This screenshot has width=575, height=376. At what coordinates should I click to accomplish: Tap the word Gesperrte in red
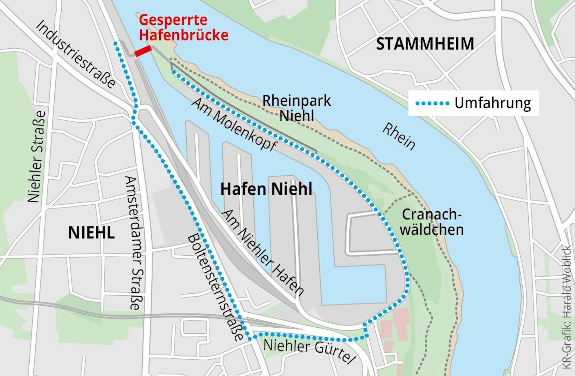tap(173, 20)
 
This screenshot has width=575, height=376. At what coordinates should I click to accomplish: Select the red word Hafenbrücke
tap(184, 35)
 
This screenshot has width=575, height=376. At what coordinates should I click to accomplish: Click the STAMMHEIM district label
tap(425, 44)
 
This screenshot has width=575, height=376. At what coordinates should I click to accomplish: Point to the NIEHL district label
tap(91, 233)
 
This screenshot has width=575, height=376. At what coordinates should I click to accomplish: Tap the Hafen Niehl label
tap(266, 189)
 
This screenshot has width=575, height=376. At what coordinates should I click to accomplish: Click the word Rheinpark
tap(296, 101)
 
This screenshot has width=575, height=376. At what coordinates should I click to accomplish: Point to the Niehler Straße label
tap(37, 157)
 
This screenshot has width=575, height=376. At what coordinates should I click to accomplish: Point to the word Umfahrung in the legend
tap(492, 103)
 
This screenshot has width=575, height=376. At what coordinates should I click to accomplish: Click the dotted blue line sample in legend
tap(432, 103)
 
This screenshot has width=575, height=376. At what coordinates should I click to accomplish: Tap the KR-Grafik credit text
tap(567, 308)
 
